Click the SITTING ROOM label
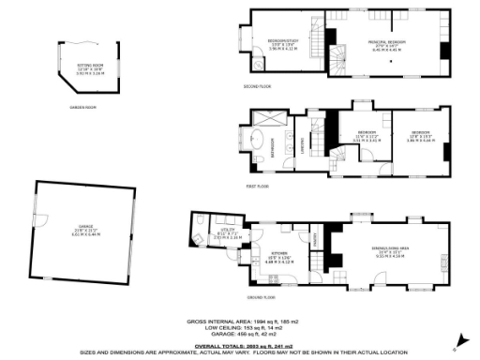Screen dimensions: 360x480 point(90,67)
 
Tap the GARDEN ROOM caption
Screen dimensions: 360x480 point(83,107)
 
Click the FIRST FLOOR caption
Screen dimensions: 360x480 point(258,187)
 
